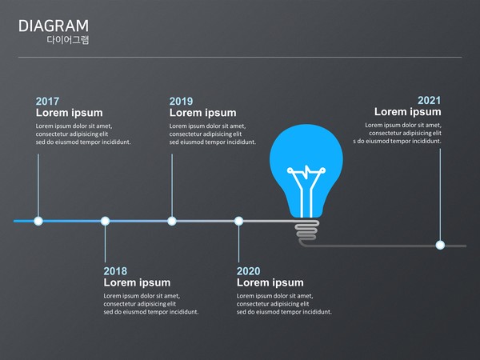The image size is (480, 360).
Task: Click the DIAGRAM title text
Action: point(54,26)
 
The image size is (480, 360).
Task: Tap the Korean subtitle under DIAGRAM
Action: point(68,40)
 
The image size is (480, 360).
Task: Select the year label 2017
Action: point(47,102)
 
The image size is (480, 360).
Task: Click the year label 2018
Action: point(115,271)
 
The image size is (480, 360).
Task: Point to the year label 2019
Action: point(182,102)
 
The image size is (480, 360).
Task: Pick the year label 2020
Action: point(248,271)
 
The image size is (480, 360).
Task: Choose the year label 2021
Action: point(429,101)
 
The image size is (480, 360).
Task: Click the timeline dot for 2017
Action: point(38,221)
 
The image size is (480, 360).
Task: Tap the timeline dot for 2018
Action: point(105,221)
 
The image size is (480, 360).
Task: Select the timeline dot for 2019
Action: point(172,221)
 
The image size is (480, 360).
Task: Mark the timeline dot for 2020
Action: point(238,221)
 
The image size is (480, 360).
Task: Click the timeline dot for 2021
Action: point(440,246)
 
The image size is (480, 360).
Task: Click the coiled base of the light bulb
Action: point(306,230)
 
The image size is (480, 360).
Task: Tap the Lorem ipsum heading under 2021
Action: point(408,112)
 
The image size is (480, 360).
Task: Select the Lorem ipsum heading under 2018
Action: point(137,283)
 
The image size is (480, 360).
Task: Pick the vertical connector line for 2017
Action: point(38,186)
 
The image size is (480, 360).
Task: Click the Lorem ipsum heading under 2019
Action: point(202,113)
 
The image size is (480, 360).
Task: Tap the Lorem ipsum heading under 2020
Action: point(270,283)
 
